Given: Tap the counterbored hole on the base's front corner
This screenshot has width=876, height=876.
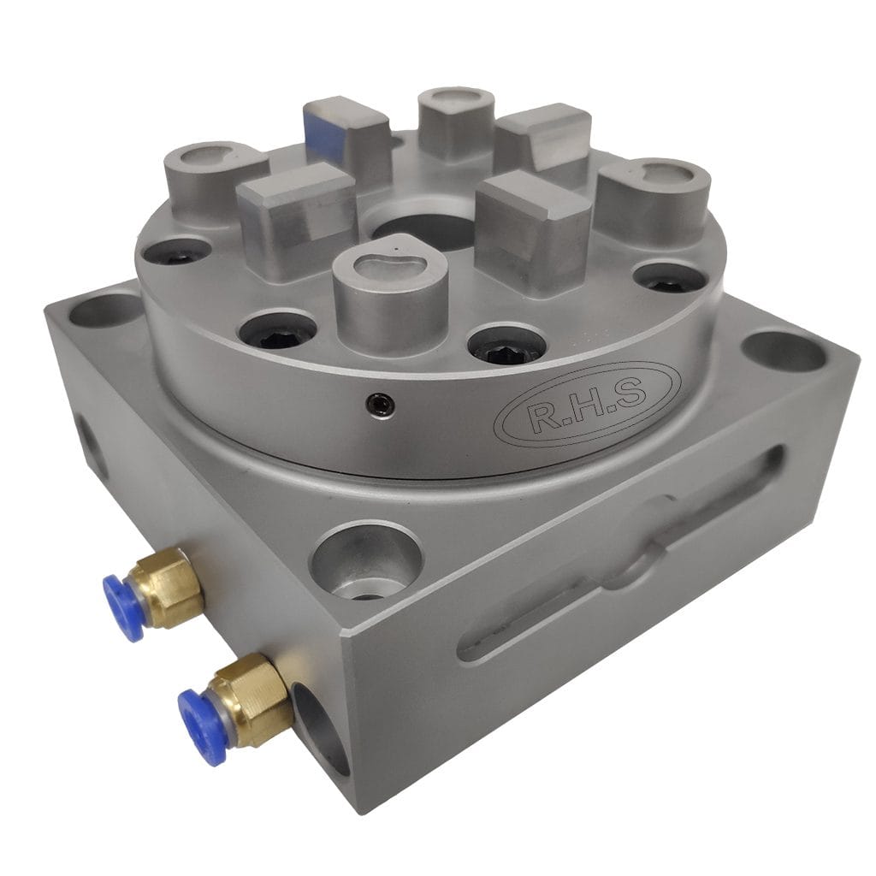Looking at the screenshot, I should click(366, 561).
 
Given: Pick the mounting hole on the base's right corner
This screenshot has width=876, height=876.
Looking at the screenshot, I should click(784, 352).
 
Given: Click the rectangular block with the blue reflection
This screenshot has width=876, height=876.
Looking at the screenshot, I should click(346, 136).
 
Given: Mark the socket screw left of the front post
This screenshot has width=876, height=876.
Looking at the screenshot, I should click(276, 328).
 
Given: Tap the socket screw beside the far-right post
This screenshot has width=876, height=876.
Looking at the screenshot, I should click(669, 276).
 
